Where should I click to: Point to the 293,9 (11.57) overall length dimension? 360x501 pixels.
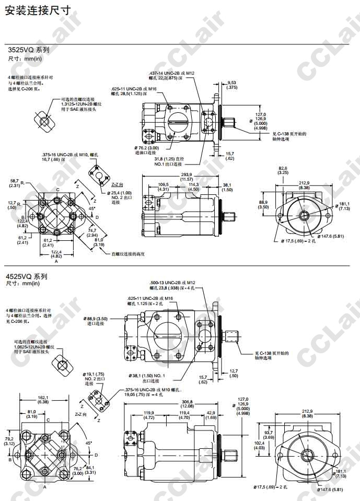coord(187,177)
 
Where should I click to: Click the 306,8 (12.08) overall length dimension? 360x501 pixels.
coord(187,404)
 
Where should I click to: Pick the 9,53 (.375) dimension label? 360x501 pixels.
coord(232,85)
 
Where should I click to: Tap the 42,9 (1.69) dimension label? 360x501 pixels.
coord(211,415)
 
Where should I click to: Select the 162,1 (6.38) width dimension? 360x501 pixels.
coord(43,400)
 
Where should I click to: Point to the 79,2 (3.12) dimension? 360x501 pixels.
coord(9,441)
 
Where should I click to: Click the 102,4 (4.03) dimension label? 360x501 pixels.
coord(260,445)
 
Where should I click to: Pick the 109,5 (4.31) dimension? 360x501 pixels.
coord(164,187)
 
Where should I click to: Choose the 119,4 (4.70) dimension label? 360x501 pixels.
coord(184,415)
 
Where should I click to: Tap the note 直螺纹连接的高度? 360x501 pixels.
coord(127,254)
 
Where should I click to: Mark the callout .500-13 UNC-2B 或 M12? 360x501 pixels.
coord(172,282)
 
